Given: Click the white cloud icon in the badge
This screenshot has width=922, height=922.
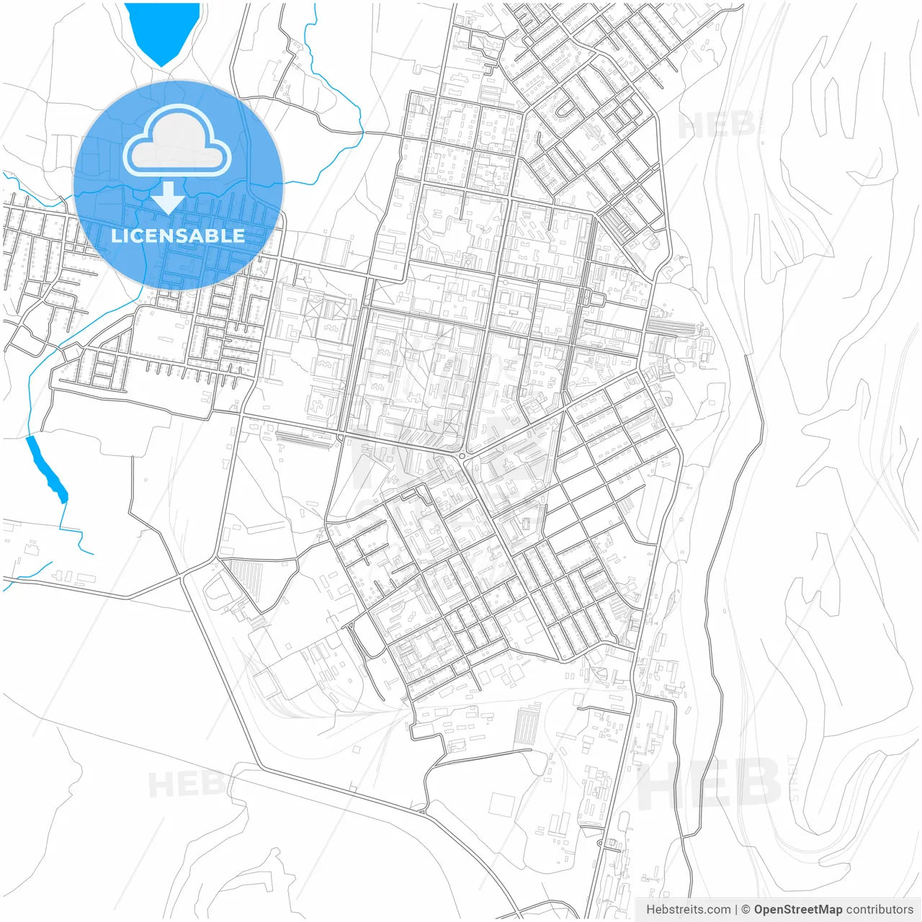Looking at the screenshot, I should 177,142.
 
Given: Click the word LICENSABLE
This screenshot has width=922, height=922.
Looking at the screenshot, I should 178,236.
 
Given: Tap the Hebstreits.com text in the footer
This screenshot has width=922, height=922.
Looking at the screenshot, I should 688,910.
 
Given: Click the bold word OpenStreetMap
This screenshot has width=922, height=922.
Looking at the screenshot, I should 797,910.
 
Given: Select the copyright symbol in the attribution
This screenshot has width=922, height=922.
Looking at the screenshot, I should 746,910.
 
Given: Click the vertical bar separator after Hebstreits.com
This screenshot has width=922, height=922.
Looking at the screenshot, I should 736,910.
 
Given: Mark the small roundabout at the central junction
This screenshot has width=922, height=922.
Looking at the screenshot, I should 462,456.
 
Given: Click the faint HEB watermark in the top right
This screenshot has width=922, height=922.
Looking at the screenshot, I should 717,125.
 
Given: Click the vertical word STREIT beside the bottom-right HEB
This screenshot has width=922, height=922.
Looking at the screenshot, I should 795,779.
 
